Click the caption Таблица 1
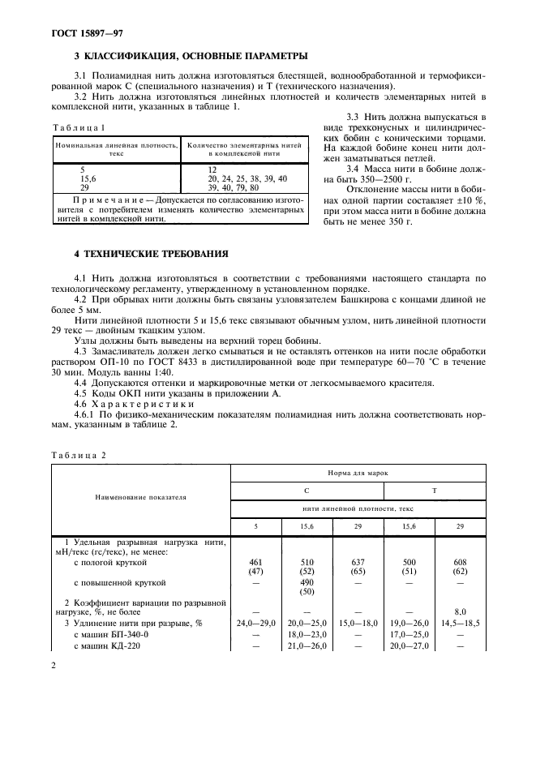click(x=79, y=128)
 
